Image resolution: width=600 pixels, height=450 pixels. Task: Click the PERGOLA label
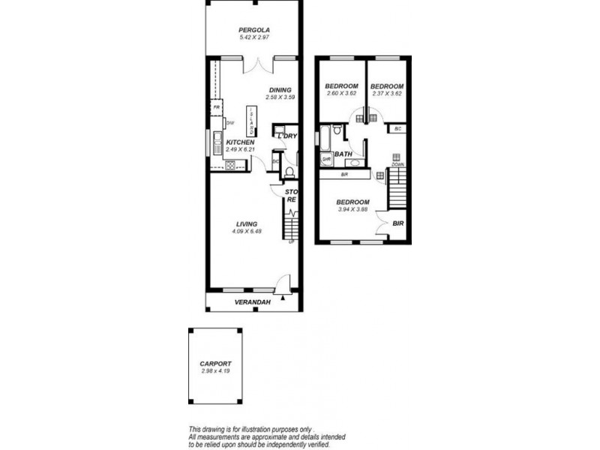pyautogui.click(x=253, y=30)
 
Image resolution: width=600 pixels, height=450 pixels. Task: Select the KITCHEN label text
pyautogui.click(x=240, y=142)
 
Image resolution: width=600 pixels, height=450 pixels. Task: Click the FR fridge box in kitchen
pyautogui.click(x=216, y=108)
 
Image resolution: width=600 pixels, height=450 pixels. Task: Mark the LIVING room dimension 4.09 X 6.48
pyautogui.click(x=247, y=231)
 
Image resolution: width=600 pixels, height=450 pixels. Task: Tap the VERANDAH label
pyautogui.click(x=253, y=302)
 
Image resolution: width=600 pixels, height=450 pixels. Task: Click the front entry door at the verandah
pyautogui.click(x=281, y=286)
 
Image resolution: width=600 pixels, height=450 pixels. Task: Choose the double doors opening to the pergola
pyautogui.click(x=259, y=66)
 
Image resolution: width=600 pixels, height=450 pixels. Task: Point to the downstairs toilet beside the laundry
pyautogui.click(x=289, y=173)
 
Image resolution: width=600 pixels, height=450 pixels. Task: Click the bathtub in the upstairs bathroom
pyautogui.click(x=325, y=137)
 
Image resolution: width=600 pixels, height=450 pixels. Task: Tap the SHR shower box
pyautogui.click(x=326, y=159)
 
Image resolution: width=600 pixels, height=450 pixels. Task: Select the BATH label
pyautogui.click(x=343, y=154)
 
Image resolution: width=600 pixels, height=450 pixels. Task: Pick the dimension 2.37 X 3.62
pyautogui.click(x=388, y=94)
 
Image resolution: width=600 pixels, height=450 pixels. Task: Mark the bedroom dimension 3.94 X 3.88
pyautogui.click(x=352, y=210)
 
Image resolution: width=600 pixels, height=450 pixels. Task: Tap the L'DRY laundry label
pyautogui.click(x=288, y=136)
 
